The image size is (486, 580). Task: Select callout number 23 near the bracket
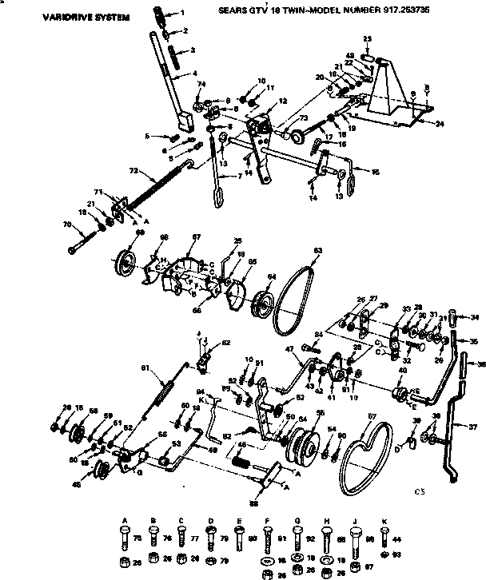(x=367, y=39)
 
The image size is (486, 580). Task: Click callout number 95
(x=376, y=171)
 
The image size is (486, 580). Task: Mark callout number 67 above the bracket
(x=195, y=237)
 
